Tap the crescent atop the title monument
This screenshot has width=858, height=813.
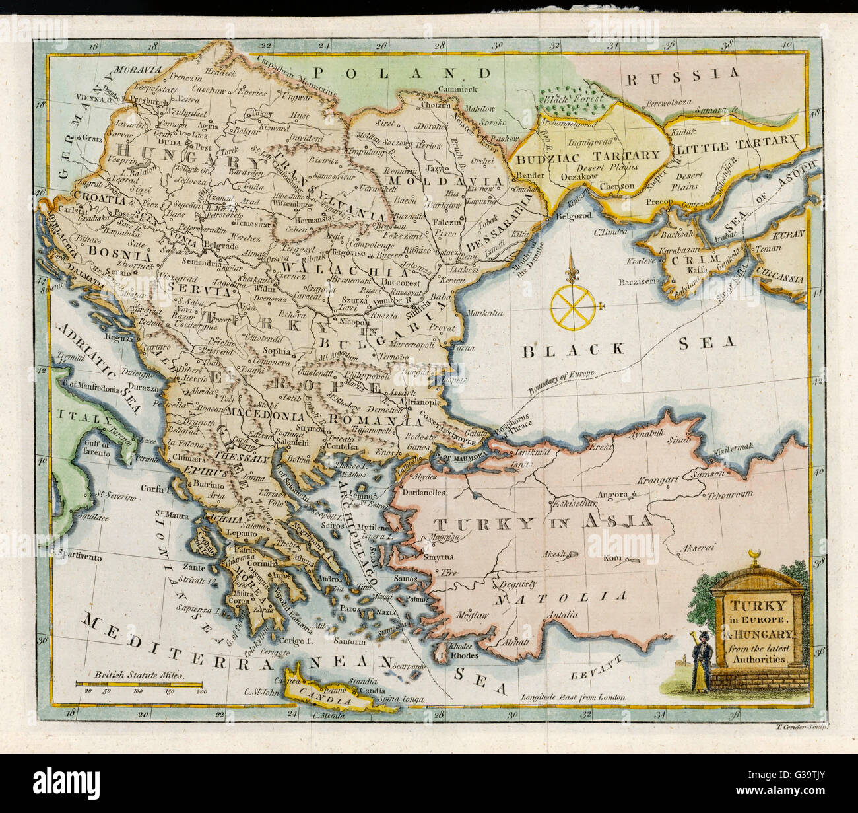[x=756, y=553]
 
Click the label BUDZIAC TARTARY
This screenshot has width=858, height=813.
[x=587, y=156]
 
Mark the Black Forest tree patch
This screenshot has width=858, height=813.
[x=571, y=100]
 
